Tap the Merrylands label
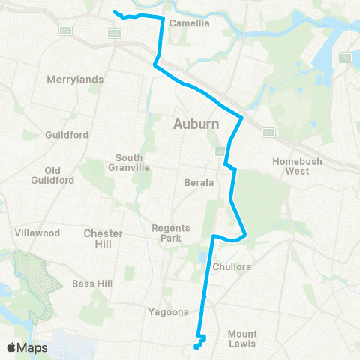[x=74, y=79]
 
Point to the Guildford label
[x=67, y=135]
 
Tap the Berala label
[x=199, y=182]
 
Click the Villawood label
[x=37, y=233]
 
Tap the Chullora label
[x=230, y=266]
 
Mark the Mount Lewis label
[x=242, y=338]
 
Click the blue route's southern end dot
[x=196, y=346]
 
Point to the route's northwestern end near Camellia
[x=114, y=12]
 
